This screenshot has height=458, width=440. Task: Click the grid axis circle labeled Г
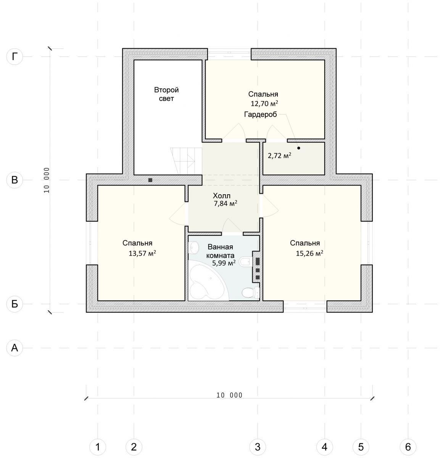pos(15,56)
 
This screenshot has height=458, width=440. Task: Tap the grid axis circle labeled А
pos(15,348)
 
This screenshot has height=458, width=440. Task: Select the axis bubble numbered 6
pos(408,447)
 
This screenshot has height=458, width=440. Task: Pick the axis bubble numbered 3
pos(258,447)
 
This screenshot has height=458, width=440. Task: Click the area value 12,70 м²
pos(264,103)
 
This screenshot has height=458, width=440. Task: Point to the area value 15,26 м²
pos(309,253)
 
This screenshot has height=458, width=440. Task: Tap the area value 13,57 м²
pos(142,253)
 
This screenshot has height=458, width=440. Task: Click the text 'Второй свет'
pos(166,94)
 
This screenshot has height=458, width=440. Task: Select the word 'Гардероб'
pos(261,114)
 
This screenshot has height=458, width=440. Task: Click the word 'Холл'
pos(222,195)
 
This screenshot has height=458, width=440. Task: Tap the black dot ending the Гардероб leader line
pos(298,148)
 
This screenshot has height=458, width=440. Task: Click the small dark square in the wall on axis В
pos(150,180)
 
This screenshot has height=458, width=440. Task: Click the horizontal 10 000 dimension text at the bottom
pos(229,395)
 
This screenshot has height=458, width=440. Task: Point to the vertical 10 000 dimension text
pos(47,180)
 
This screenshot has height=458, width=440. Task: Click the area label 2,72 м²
pos(279,155)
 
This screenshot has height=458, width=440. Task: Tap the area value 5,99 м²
pos(224,263)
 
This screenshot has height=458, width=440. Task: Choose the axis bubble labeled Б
pos(15,304)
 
